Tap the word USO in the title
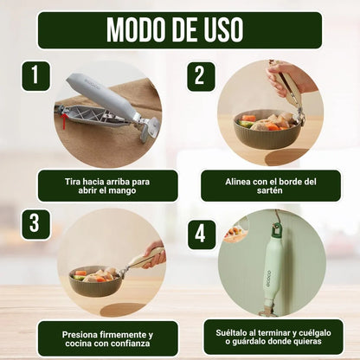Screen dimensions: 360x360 [x=223, y=29]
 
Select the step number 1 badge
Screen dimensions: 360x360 [x=35, y=75]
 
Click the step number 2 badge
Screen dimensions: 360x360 [x=201, y=76]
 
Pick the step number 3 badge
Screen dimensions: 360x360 [x=35, y=224]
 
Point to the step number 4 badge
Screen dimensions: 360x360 [x=202, y=235]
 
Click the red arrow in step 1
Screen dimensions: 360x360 [x=65, y=121]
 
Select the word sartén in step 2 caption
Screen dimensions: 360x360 [x=270, y=190]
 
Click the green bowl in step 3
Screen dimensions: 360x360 [x=96, y=281]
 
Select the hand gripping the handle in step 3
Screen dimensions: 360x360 [x=156, y=254]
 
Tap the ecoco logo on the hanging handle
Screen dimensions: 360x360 [x=268, y=279]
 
